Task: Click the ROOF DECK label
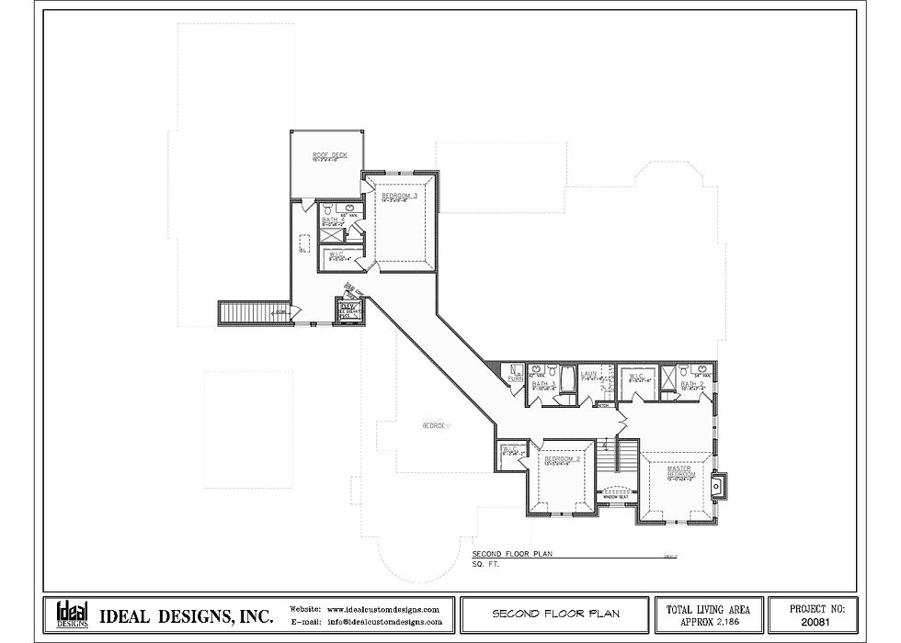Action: tap(329, 155)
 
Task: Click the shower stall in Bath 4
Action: tap(329, 235)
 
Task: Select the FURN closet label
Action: tap(516, 375)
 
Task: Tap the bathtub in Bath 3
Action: tap(567, 376)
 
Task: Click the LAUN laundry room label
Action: tap(589, 374)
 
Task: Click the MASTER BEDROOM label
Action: tap(679, 472)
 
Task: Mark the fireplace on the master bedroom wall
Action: tap(718, 483)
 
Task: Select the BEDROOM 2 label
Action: tap(562, 458)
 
